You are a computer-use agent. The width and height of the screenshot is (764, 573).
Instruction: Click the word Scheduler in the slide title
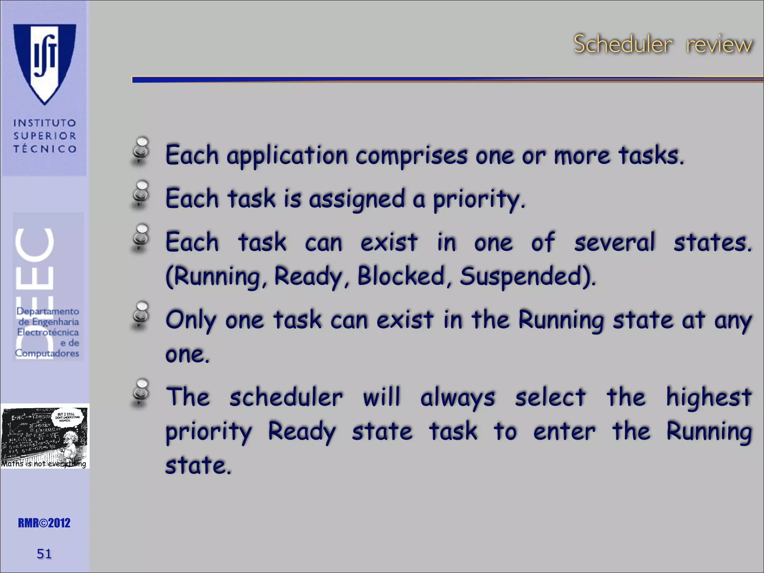pyautogui.click(x=623, y=44)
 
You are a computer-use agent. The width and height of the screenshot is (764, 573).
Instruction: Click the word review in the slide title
pyautogui.click(x=719, y=45)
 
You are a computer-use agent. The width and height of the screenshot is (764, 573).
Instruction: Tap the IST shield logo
pyautogui.click(x=45, y=63)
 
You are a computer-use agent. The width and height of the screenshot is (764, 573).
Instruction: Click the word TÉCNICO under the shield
pyautogui.click(x=45, y=149)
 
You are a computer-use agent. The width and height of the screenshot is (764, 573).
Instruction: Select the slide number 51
pyautogui.click(x=44, y=554)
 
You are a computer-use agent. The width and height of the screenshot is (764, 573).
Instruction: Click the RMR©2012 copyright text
pyautogui.click(x=44, y=523)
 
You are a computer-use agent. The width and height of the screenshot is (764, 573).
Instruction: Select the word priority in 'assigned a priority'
pyautogui.click(x=479, y=200)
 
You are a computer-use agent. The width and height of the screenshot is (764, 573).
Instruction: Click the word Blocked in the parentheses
pyautogui.click(x=401, y=276)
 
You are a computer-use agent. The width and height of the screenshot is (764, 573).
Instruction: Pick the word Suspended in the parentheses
pyautogui.click(x=526, y=276)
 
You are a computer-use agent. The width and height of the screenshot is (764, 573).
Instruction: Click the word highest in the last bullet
pyautogui.click(x=708, y=397)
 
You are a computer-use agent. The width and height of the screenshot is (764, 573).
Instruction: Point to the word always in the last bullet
pyautogui.click(x=458, y=398)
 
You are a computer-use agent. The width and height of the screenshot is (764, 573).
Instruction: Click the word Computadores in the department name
pyautogui.click(x=47, y=353)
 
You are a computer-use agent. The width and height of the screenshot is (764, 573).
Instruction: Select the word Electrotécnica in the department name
pyautogui.click(x=48, y=332)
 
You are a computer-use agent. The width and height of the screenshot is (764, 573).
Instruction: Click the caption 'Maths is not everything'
pyautogui.click(x=44, y=464)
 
